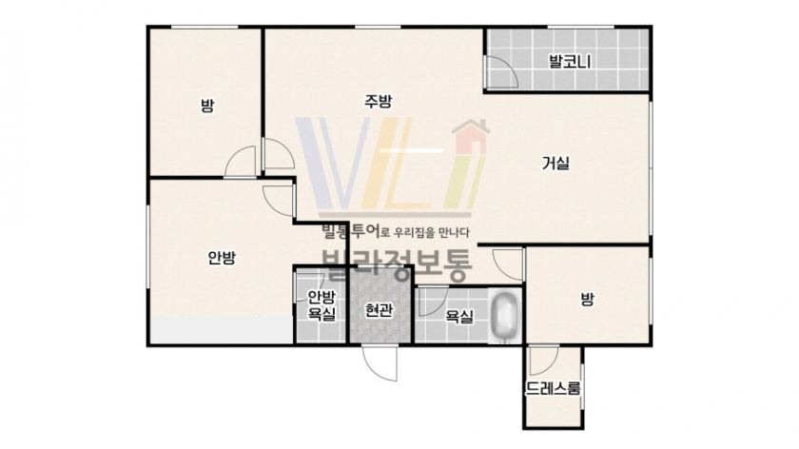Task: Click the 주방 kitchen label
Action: tap(379, 101)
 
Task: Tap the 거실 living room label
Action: tap(555, 163)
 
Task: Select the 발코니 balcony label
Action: tap(570, 62)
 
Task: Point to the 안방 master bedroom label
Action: tap(223, 258)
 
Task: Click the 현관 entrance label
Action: tap(380, 309)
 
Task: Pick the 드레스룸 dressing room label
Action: tap(553, 388)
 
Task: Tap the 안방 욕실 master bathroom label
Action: tap(322, 305)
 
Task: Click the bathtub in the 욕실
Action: tap(505, 316)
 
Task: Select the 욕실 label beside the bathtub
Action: tap(459, 317)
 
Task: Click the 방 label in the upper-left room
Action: tap(207, 106)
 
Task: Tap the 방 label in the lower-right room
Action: tap(588, 299)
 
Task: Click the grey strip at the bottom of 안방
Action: tap(221, 330)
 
